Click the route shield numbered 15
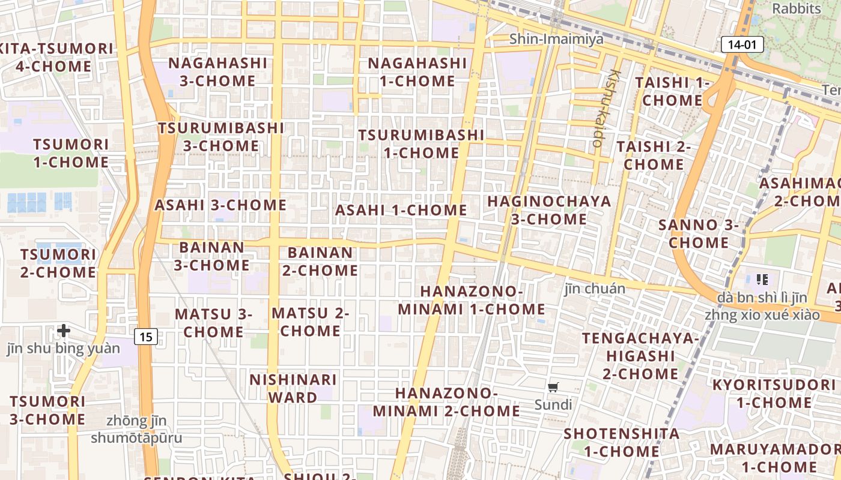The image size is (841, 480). click(145, 337)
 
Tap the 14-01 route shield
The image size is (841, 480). click(742, 44)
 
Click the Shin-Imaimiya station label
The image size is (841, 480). click(548, 39)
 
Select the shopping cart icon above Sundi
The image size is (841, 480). click(553, 387)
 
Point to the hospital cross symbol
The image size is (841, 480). click(64, 330)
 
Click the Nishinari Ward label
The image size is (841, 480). click(293, 388)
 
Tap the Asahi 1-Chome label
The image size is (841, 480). click(401, 210)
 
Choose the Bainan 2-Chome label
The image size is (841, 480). click(320, 262)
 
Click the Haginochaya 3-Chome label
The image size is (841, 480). click(549, 210)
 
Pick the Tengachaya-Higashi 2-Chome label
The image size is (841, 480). click(640, 356)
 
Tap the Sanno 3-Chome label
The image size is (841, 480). click(698, 234)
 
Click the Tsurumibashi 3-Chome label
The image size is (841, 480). click(221, 137)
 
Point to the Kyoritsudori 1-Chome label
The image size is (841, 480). click(774, 394)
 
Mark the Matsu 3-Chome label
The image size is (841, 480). click(213, 323)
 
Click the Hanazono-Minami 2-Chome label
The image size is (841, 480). click(446, 402)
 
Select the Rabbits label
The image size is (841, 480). click(797, 8)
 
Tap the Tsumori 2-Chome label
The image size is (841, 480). click(58, 263)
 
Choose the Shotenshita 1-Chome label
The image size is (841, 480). click(622, 442)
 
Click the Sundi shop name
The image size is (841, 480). click(553, 404)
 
